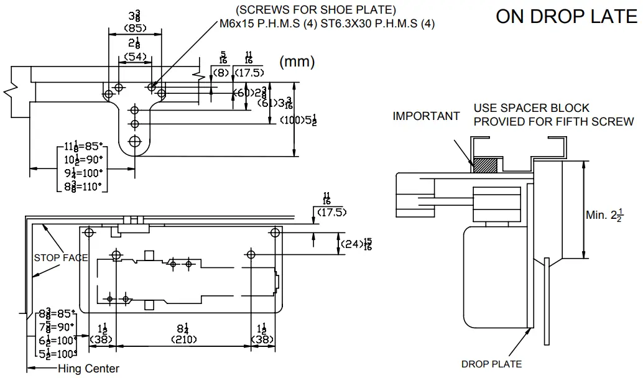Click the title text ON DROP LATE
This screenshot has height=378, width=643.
(566, 17)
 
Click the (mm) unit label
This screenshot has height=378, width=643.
(297, 62)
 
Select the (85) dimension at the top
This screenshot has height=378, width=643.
(135, 28)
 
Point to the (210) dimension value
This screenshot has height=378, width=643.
(183, 339)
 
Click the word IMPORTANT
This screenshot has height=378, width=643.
(426, 116)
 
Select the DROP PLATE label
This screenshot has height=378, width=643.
(491, 364)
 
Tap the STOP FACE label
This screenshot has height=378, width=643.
(60, 257)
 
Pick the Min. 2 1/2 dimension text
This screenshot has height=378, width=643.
(604, 215)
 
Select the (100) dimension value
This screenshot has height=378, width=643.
(290, 119)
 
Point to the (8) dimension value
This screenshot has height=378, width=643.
(221, 72)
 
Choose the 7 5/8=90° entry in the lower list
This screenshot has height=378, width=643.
(57, 325)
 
